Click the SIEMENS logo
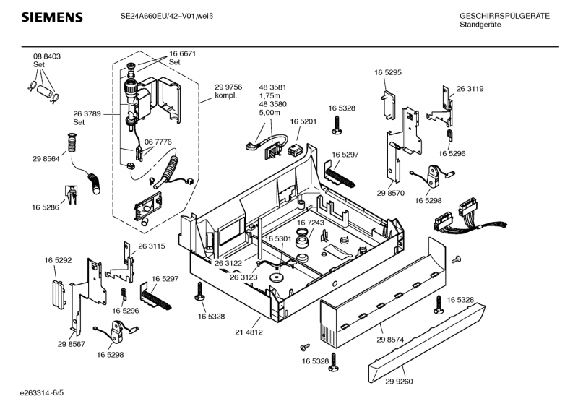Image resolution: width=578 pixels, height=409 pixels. (x=51, y=17)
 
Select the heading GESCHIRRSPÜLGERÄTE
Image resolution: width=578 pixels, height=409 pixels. (x=504, y=16)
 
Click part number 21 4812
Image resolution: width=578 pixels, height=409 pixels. (x=249, y=332)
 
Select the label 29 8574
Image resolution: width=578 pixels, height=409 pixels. (x=390, y=340)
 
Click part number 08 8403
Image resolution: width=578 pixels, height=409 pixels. (x=47, y=56)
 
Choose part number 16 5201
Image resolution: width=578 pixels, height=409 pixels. (x=303, y=121)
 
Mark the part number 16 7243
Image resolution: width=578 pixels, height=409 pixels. (x=310, y=223)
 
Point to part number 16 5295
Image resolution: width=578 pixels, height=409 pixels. (x=388, y=73)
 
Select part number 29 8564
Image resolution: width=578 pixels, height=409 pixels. (x=46, y=159)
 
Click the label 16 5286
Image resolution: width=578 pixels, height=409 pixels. (x=46, y=207)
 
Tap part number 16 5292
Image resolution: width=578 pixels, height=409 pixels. (x=58, y=259)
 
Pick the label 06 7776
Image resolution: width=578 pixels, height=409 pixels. (x=158, y=142)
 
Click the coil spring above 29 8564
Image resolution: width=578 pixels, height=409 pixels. (x=72, y=143)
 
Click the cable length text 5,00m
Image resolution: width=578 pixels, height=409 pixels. (x=269, y=113)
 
